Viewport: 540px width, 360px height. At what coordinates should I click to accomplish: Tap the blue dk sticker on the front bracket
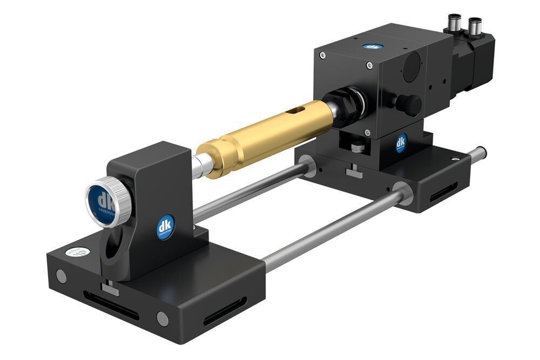(165, 227)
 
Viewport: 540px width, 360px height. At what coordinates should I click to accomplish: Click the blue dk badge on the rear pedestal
(401, 143)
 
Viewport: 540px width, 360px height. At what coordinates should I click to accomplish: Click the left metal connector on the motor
(452, 23)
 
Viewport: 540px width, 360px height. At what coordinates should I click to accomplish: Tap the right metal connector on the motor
(474, 25)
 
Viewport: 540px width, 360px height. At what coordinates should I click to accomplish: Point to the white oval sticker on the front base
(75, 252)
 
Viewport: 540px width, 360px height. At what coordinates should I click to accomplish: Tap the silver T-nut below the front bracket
(109, 288)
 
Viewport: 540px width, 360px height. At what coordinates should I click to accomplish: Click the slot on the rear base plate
(443, 193)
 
